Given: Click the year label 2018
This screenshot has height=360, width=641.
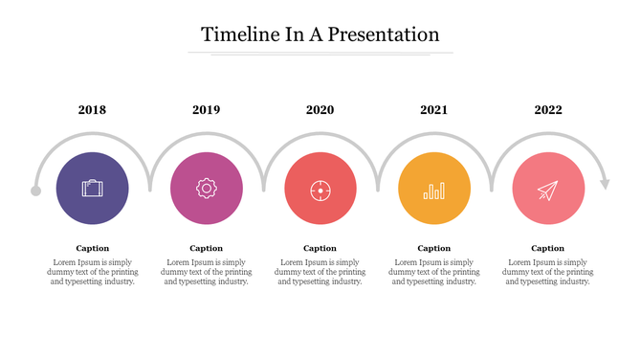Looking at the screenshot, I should (92, 110).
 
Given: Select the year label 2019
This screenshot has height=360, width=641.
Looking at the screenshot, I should (206, 110).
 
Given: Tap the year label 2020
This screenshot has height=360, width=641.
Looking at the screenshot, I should (320, 110).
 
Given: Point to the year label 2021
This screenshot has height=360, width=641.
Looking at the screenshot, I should (433, 110).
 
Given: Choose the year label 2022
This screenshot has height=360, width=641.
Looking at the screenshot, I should (548, 110).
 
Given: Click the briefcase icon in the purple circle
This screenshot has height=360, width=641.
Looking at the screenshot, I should (92, 189).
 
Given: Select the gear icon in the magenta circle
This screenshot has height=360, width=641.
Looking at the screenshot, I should (206, 189).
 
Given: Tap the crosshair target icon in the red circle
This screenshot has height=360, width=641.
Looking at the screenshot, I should (320, 190).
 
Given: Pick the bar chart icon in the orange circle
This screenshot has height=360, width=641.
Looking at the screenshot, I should (434, 190).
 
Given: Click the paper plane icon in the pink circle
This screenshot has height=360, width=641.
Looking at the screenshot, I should (547, 190).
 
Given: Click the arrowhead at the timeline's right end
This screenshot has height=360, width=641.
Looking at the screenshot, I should (604, 183).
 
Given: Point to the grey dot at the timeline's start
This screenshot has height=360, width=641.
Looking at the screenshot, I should (36, 191).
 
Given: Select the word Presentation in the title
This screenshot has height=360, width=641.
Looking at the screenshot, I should (385, 34).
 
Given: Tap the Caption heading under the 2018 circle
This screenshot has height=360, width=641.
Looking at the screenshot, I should (92, 248).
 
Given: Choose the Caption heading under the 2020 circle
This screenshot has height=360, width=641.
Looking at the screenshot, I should (320, 248).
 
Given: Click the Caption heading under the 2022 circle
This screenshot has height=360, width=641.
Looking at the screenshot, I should (547, 248).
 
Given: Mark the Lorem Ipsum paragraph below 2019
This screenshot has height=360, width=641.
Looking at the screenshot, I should (206, 272).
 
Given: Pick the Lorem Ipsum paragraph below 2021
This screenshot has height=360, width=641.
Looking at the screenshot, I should (433, 272).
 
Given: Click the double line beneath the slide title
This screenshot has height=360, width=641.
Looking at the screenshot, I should (320, 55).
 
